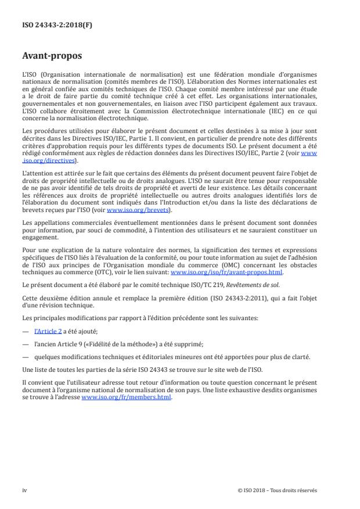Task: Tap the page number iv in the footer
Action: click(24, 490)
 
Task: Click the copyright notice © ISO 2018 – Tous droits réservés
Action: click(277, 490)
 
